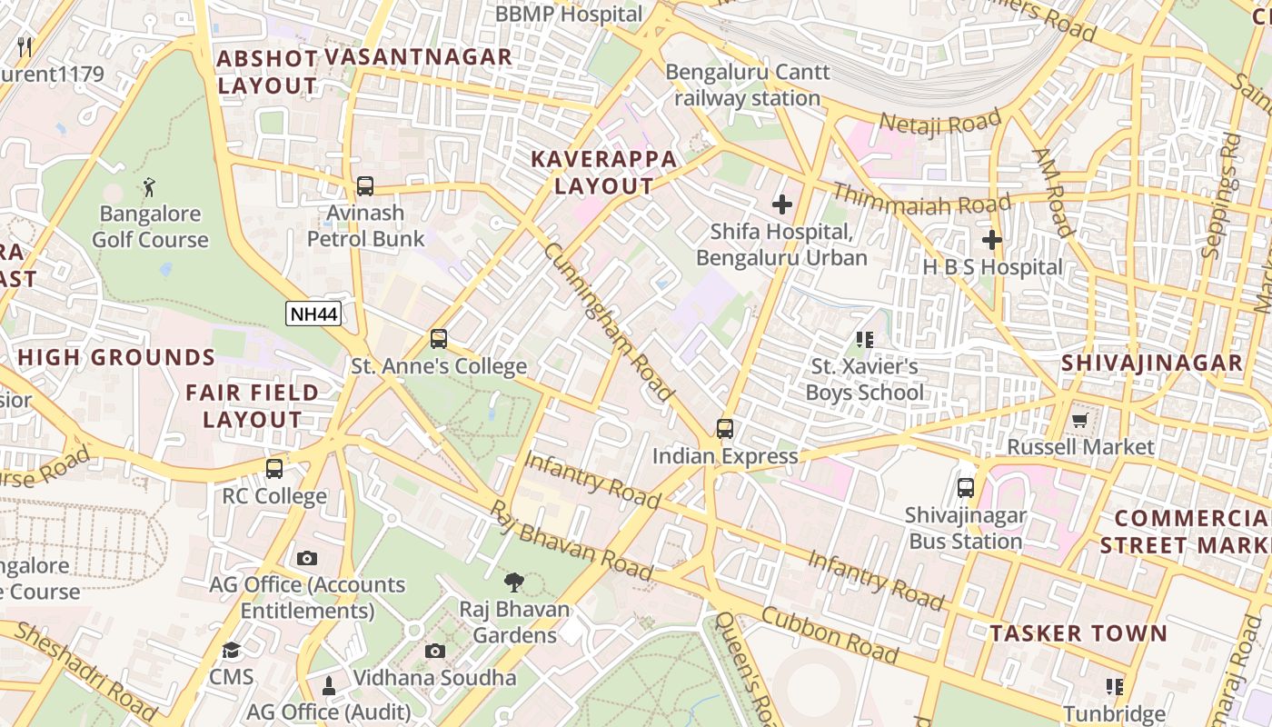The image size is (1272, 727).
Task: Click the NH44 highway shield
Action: (313, 314)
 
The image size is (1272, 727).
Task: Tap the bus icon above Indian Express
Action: (724, 429)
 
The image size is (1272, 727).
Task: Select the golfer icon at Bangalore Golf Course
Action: (149, 188)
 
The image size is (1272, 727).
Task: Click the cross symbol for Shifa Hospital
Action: (781, 204)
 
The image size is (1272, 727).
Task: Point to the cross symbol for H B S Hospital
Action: (991, 240)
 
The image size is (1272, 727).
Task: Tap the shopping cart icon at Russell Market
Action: (1079, 420)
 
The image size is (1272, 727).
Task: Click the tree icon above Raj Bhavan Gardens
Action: (514, 583)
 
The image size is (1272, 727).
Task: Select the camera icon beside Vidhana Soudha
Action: (435, 651)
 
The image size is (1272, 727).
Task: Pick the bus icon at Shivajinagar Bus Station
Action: (965, 488)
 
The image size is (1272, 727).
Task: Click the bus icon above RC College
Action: (273, 469)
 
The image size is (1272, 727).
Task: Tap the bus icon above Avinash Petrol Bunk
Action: (364, 186)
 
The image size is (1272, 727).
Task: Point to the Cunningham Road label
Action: (608, 322)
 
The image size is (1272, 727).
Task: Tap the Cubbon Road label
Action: (830, 636)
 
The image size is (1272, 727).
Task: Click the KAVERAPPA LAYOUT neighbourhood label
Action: (604, 173)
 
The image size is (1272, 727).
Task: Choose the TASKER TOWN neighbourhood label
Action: (1078, 633)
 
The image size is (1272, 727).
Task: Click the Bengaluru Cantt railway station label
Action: (747, 85)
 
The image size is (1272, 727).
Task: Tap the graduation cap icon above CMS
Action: (231, 651)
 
